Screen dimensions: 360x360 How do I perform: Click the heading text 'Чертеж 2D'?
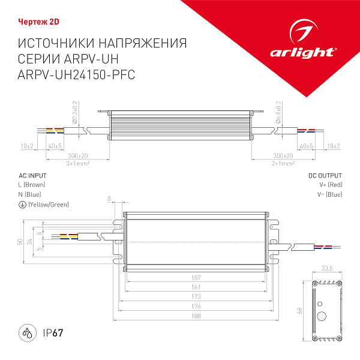[x=37, y=23]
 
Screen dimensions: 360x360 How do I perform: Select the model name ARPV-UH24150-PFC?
[x=77, y=74]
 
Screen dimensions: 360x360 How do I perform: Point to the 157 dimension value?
[x=197, y=278]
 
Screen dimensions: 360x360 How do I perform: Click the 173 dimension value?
[x=197, y=297]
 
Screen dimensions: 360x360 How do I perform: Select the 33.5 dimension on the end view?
[x=327, y=268]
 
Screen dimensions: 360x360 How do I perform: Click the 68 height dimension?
[x=300, y=311]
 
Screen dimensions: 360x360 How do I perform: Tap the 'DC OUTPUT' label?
[x=325, y=176]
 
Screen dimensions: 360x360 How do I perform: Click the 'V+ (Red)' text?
[x=330, y=185]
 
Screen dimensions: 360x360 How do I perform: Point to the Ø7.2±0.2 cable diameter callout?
[x=75, y=112]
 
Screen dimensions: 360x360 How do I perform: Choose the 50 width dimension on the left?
[x=20, y=242]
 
